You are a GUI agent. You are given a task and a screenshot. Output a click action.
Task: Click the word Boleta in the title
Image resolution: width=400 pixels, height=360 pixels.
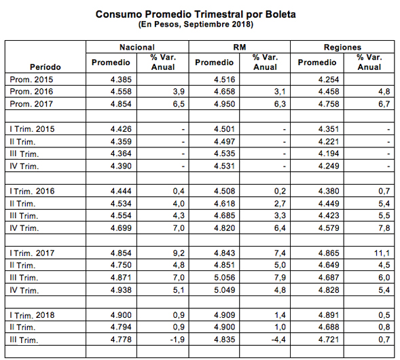[x=280, y=14]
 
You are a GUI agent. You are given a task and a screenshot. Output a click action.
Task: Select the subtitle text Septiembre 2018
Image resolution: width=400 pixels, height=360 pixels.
[x=217, y=24]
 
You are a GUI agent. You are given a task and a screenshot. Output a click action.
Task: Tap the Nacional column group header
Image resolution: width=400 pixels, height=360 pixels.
[x=137, y=47]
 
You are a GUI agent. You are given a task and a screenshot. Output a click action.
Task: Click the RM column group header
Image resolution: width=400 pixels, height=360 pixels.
[x=240, y=47]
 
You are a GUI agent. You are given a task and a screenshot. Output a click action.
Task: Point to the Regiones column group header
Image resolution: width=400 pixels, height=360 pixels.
[x=342, y=47]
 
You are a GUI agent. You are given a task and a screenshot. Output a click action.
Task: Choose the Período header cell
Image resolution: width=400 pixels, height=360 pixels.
[x=46, y=67]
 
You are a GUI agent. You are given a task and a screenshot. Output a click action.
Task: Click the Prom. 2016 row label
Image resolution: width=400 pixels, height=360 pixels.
[x=31, y=91]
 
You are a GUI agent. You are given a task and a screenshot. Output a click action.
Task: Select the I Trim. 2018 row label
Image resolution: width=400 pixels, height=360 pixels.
[x=32, y=315]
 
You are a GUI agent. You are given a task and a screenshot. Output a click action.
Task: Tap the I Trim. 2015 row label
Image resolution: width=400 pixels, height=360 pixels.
[x=32, y=129]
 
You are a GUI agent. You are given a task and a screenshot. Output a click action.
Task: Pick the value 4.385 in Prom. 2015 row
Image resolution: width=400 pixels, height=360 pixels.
[x=121, y=79]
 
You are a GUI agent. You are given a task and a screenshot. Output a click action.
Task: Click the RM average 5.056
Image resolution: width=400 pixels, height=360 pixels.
[x=225, y=277]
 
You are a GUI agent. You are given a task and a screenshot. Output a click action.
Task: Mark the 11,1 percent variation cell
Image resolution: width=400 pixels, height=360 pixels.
[x=382, y=253]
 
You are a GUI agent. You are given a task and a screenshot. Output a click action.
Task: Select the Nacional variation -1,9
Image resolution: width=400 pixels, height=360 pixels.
[x=177, y=340]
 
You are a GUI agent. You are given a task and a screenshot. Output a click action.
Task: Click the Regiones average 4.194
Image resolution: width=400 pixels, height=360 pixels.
[x=329, y=154]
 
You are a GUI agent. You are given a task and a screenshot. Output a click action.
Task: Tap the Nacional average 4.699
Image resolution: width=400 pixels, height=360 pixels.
[x=121, y=228]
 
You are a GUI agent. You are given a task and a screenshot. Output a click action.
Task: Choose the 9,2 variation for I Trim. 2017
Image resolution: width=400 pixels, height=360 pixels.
[x=179, y=253]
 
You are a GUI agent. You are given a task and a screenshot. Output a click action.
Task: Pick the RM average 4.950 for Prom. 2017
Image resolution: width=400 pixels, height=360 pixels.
[x=225, y=104]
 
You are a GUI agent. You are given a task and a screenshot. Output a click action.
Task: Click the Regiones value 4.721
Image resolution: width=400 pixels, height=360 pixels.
[x=329, y=340]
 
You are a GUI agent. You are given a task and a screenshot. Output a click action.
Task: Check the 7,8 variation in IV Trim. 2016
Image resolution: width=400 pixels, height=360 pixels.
[x=384, y=228]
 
